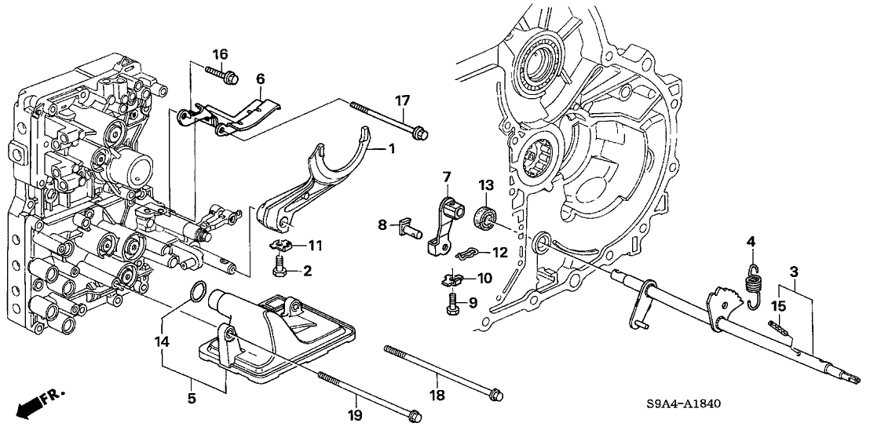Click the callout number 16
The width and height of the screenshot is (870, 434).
pos(221,54)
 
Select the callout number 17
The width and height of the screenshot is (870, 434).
pos(403,100)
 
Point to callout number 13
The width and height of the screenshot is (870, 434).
pos(486,185)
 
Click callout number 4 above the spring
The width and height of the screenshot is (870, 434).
pos(751,242)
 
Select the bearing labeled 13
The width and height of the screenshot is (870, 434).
pos(485,216)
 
